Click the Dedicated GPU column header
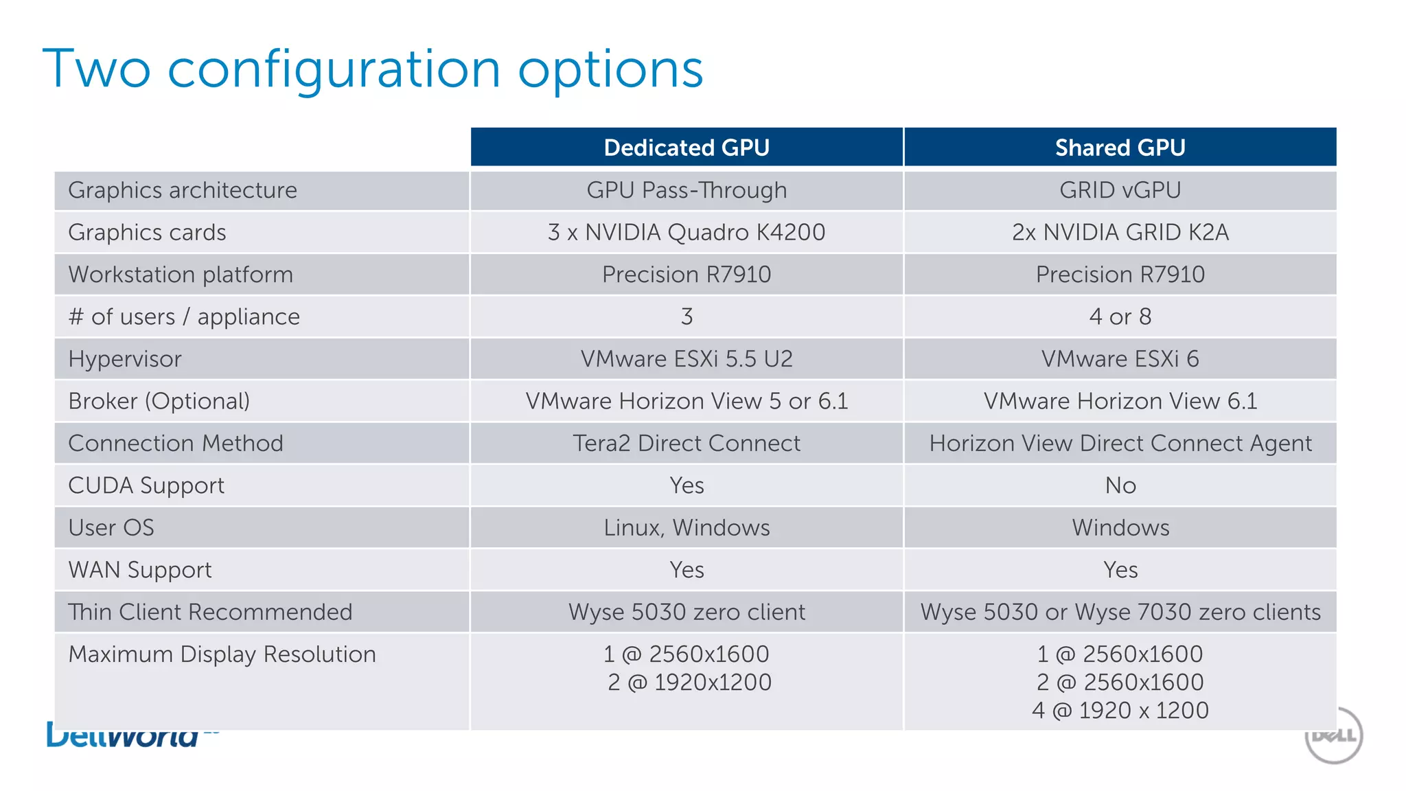point(687,148)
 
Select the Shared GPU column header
point(1120,148)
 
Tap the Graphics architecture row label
point(183,190)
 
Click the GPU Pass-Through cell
point(687,190)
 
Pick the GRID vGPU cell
point(1120,190)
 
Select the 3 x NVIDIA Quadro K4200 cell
point(687,232)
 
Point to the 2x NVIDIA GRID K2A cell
point(1120,232)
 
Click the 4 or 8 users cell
point(1120,317)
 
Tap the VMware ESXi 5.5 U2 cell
point(687,359)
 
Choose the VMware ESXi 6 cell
point(1120,359)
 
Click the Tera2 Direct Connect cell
point(687,444)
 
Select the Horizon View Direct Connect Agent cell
point(1120,444)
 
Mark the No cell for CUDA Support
point(1120,485)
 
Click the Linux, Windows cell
point(687,528)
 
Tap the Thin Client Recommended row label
point(210,612)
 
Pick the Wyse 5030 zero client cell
point(687,612)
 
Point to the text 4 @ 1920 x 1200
point(1120,710)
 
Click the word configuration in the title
point(334,70)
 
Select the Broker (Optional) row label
point(159,401)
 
